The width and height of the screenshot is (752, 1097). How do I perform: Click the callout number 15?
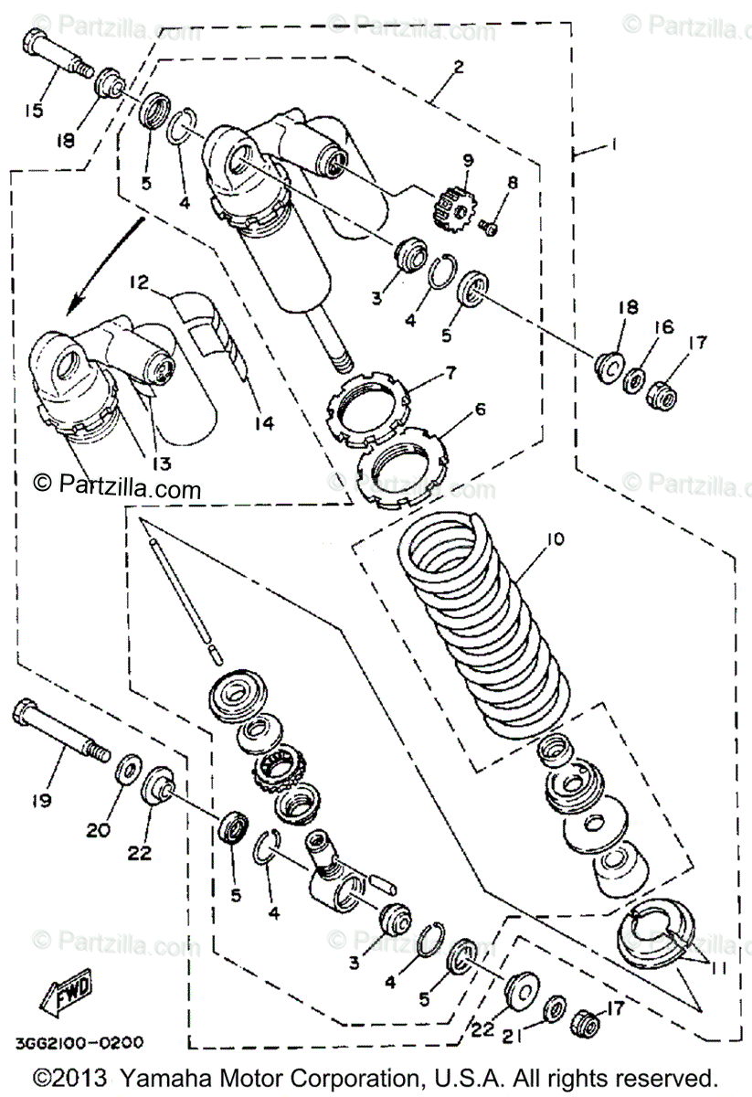(34, 111)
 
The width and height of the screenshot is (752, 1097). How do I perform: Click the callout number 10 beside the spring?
(555, 540)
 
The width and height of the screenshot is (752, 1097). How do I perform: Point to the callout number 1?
(615, 144)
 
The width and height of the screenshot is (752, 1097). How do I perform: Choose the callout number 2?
(459, 67)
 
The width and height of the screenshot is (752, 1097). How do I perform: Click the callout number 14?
(265, 423)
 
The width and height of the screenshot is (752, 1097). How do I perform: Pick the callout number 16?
(662, 326)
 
